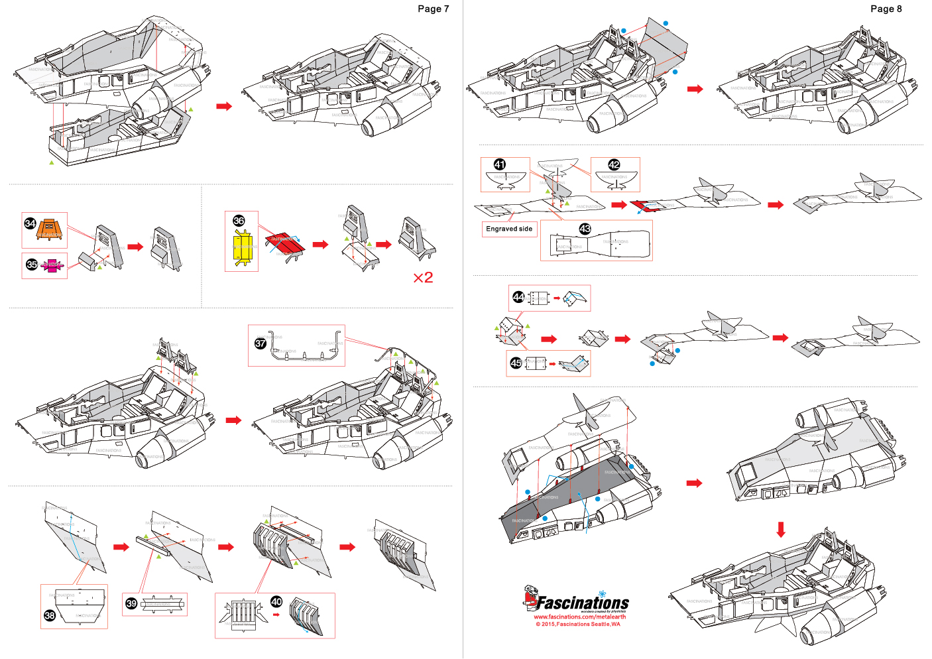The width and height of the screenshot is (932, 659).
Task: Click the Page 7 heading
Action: [x=433, y=9]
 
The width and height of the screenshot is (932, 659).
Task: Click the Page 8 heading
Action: [x=886, y=9]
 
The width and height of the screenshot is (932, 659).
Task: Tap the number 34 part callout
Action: [x=30, y=223]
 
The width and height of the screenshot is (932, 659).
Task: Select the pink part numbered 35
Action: [x=51, y=265]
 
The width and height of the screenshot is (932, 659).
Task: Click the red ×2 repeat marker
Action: [x=423, y=277]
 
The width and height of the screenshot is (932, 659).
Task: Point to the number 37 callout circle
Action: [x=261, y=343]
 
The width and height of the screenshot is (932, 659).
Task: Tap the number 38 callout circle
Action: [x=50, y=615]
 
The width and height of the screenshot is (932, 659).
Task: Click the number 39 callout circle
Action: [x=131, y=603]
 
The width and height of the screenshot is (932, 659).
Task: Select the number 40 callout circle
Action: [x=276, y=601]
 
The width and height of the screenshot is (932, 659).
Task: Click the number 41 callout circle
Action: [x=500, y=164]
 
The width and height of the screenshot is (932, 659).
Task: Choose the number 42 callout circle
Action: [x=614, y=164]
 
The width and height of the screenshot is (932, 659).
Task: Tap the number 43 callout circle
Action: [x=585, y=229]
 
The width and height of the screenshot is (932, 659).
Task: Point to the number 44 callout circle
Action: [x=518, y=297]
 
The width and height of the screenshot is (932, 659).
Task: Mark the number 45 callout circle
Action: [x=516, y=363]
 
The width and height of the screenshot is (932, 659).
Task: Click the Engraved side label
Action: [x=509, y=229]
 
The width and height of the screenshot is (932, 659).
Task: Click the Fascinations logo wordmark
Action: [x=582, y=603]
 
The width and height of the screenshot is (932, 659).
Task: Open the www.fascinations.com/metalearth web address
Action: [x=579, y=617]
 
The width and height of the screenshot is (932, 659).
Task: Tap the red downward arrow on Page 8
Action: [x=781, y=529]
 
